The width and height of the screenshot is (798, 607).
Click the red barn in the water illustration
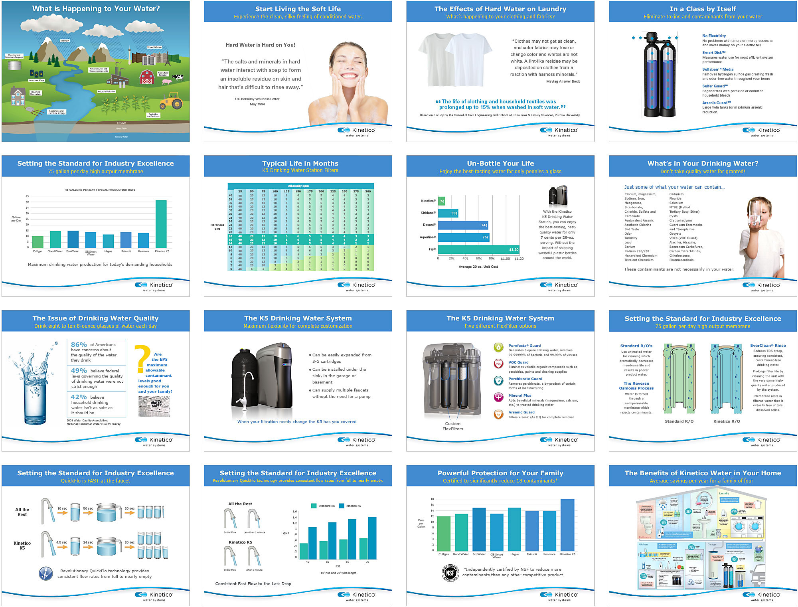pyautogui.click(x=147, y=77)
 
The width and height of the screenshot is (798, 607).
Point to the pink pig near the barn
pyautogui.click(x=167, y=82)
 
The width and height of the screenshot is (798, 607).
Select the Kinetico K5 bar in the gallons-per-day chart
pyautogui.click(x=161, y=224)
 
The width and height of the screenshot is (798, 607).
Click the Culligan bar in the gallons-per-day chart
pyautogui.click(x=38, y=242)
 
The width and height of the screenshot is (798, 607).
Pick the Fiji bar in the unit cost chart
pyautogui.click(x=479, y=249)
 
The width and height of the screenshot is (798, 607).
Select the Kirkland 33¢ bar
pyautogui.click(x=448, y=213)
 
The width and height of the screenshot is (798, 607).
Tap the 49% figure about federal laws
pyautogui.click(x=79, y=371)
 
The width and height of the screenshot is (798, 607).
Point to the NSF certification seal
pyautogui.click(x=450, y=573)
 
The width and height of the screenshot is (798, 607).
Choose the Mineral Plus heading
pyautogui.click(x=519, y=395)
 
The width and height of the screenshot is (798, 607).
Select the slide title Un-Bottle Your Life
pyautogui.click(x=500, y=163)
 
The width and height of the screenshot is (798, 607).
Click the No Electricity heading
pyautogui.click(x=714, y=36)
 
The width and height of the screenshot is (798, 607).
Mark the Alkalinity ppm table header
pyautogui.click(x=298, y=186)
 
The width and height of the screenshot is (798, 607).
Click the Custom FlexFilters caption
pyautogui.click(x=452, y=426)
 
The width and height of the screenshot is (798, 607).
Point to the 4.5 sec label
pyautogui.click(x=61, y=542)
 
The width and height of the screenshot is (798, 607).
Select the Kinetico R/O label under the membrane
pyautogui.click(x=727, y=421)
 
